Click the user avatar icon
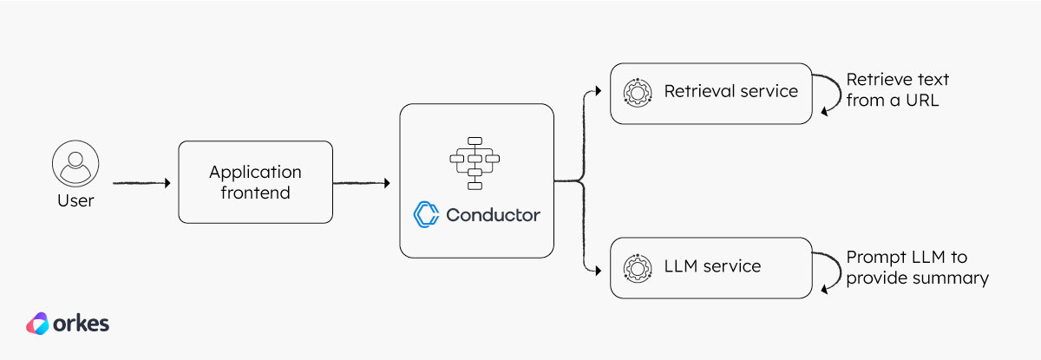75,164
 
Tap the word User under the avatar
75,200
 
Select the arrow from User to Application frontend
141,183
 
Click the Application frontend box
255,181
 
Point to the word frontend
255,193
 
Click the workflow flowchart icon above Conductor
475,162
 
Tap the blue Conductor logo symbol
426,213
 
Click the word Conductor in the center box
493,214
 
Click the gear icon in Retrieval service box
638,91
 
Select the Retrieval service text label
730,91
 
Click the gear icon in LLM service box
638,266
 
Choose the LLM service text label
712,266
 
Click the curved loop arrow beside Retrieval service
830,93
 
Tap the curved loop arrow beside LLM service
830,268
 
